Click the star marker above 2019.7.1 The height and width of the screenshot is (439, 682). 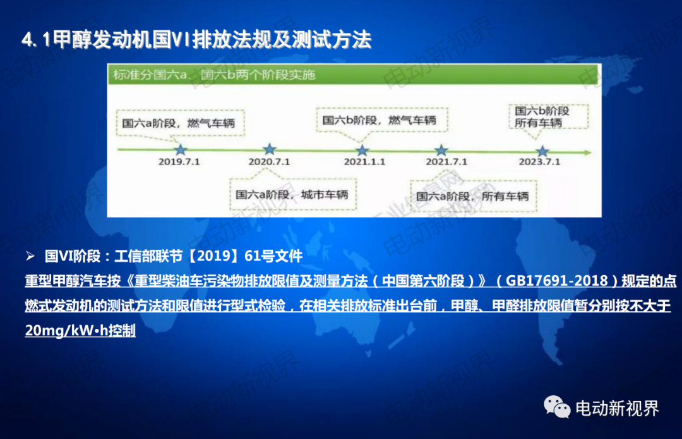pos(181,151)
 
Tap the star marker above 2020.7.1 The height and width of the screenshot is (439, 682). pos(270,149)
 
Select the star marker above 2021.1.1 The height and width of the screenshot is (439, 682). pos(362,151)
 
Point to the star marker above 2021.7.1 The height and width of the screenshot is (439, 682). pos(441,151)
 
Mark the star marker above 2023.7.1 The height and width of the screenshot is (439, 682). pos(542,152)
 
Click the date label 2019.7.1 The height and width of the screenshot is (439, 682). pos(179,162)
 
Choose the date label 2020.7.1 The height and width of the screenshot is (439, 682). pos(269,162)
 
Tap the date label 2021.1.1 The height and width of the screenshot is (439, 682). pos(364,162)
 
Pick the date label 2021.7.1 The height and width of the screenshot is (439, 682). pos(446,162)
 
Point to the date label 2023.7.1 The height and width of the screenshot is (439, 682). pos(540,162)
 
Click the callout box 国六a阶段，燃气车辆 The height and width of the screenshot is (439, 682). pos(180,123)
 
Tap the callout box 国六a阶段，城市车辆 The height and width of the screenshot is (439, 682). pos(293,194)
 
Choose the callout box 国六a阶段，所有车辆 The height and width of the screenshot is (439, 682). pos(473,196)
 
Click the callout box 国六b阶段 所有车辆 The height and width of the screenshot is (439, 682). pos(549,116)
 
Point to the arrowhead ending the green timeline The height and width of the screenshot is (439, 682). pos(588,152)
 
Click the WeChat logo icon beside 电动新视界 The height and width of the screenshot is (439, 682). pos(557,407)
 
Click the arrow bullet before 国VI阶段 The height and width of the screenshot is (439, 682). pos(30,256)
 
